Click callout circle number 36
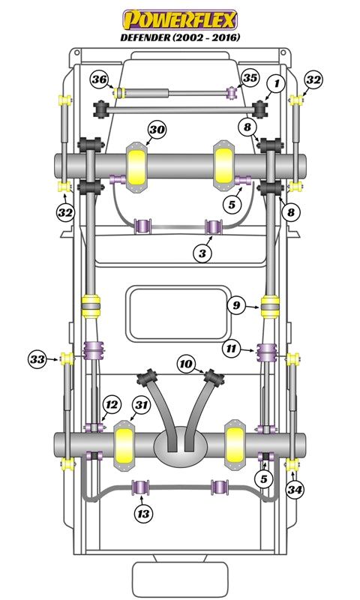tap(100, 79)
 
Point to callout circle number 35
tap(250, 78)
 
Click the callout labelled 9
tap(236, 305)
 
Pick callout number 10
tap(187, 364)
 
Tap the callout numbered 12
tap(111, 404)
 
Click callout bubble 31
tap(141, 406)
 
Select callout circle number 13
tap(143, 514)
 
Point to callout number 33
tap(38, 358)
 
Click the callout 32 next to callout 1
tap(313, 79)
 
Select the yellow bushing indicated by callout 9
tap(270, 306)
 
